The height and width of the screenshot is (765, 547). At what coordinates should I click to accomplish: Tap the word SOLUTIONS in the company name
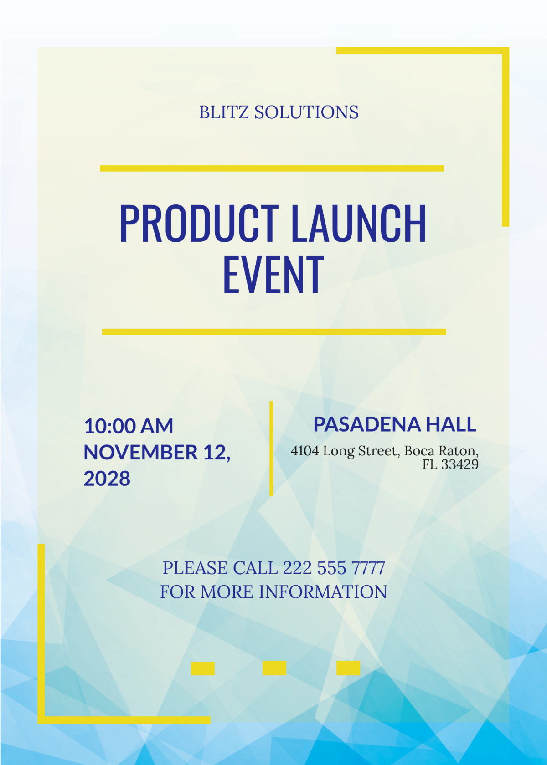click(x=306, y=112)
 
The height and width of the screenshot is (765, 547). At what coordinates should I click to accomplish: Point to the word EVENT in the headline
click(x=273, y=275)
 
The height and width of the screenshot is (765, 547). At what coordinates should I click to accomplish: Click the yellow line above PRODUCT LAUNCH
click(x=272, y=168)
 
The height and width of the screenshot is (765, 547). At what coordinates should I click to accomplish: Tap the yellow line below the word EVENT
click(x=274, y=332)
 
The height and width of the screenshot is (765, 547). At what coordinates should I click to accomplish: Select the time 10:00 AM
click(x=129, y=427)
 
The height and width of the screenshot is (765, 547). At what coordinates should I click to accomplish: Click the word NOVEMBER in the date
click(x=140, y=453)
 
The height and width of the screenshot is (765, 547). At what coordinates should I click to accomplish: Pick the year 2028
click(x=107, y=479)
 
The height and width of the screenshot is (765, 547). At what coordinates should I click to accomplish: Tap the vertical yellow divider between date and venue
click(x=271, y=449)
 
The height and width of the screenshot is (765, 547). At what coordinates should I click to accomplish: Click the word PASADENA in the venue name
click(x=366, y=424)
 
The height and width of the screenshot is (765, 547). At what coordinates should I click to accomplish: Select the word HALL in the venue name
click(x=451, y=424)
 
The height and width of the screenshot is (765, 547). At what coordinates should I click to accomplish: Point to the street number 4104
click(x=305, y=451)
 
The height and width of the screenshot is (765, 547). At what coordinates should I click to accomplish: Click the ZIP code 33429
click(x=460, y=465)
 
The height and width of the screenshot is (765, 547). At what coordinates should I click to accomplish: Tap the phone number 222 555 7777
click(x=334, y=568)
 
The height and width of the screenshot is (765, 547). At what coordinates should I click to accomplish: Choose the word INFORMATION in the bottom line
click(x=323, y=592)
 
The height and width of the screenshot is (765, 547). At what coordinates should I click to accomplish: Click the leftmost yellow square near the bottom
click(x=203, y=668)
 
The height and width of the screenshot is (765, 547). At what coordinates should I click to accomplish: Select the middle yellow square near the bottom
click(x=274, y=668)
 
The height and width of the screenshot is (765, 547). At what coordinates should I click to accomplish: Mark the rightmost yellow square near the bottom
click(x=348, y=668)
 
